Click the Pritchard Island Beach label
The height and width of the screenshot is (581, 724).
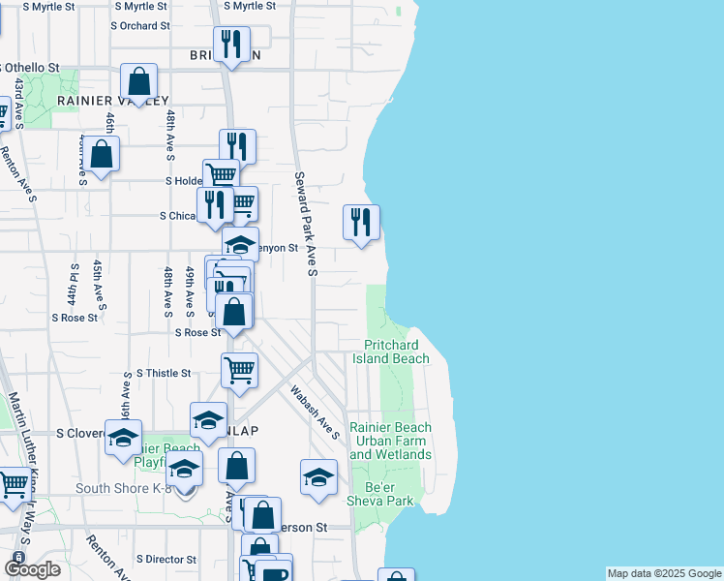point(396,352)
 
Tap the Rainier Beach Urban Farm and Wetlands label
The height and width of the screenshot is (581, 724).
point(390,441)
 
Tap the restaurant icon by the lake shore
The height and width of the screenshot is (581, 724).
point(361,223)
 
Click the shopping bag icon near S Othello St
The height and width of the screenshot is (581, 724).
point(139,82)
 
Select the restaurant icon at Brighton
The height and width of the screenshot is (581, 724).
point(232,45)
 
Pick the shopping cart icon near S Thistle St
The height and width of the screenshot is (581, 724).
point(239,370)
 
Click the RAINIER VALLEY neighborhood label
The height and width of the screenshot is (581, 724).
point(113,101)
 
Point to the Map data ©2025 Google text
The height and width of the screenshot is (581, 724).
point(664,573)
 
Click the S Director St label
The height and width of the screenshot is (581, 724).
point(166,560)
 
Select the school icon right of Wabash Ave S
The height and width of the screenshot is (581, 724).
point(318,477)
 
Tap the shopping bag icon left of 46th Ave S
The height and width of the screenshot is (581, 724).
point(101,153)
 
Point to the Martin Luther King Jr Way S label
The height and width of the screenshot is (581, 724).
point(21,437)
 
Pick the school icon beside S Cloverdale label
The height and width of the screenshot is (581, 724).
point(123,438)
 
